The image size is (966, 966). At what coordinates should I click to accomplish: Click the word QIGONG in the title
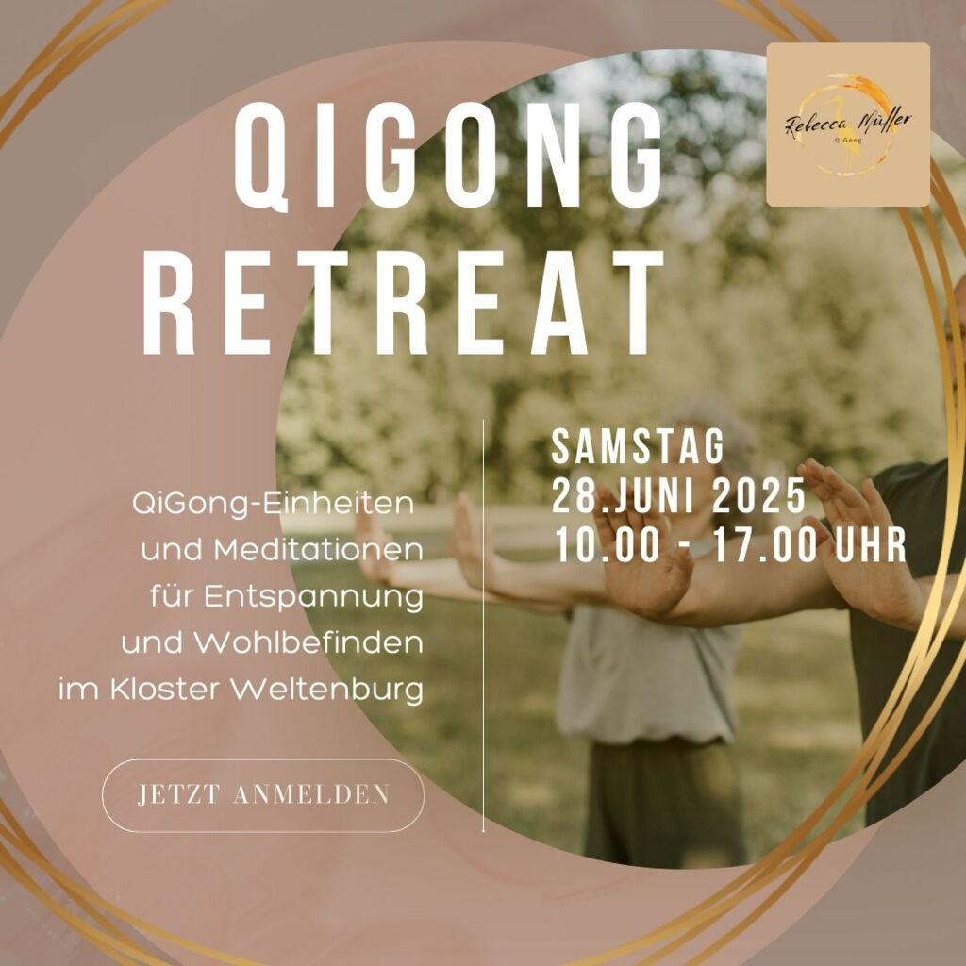pyautogui.click(x=448, y=157)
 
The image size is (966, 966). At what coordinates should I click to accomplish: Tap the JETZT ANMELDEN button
pyautogui.click(x=263, y=794)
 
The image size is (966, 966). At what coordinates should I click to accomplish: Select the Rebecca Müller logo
pyautogui.click(x=848, y=125)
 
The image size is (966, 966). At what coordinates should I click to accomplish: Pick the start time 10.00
pyautogui.click(x=608, y=545)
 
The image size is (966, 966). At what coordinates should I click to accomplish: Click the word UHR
pyautogui.click(x=870, y=545)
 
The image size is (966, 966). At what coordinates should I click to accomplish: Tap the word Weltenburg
pyautogui.click(x=326, y=690)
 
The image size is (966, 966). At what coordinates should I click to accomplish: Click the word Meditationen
pyautogui.click(x=319, y=550)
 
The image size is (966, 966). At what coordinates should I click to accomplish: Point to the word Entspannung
pyautogui.click(x=313, y=597)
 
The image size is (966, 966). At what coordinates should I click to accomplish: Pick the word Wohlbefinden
pyautogui.click(x=308, y=643)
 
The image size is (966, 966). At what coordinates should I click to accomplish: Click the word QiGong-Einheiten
pyautogui.click(x=273, y=504)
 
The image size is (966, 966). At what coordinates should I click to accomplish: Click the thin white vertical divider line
pyautogui.click(x=484, y=625)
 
